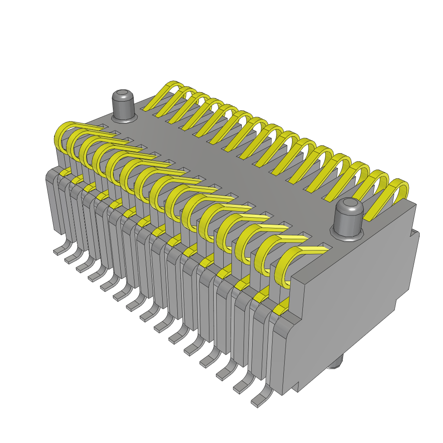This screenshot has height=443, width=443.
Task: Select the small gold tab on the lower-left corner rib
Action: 65,173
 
